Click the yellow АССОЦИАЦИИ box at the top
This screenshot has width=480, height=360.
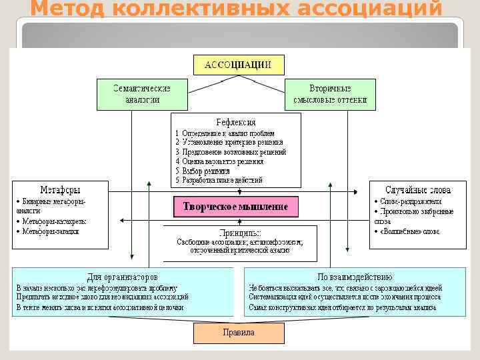coord(237,65)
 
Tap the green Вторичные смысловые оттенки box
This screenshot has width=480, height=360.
coord(330,94)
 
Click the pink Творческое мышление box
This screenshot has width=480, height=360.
coord(236,207)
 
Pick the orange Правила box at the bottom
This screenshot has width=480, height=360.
coord(238,332)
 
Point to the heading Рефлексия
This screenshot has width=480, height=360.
coord(235,122)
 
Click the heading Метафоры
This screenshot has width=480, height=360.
coord(60,189)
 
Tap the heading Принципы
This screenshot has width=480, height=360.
coord(240,233)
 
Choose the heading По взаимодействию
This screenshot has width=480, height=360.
coord(355,276)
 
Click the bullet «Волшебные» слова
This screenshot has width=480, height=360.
coord(411,231)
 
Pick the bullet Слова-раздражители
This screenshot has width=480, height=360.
coord(413,201)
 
